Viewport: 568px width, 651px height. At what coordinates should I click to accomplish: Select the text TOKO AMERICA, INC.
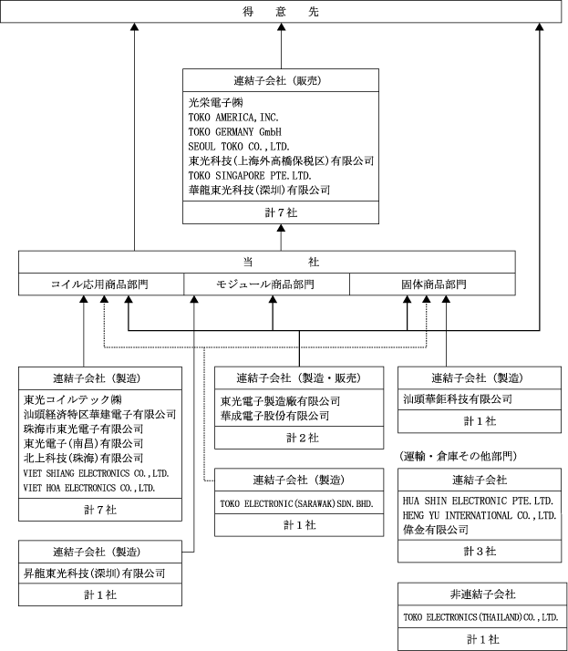pyautogui.click(x=233, y=118)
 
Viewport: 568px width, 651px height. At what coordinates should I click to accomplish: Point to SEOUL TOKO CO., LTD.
pyautogui.click(x=239, y=147)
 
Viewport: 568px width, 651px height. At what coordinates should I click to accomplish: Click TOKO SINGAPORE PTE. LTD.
pyautogui.click(x=249, y=176)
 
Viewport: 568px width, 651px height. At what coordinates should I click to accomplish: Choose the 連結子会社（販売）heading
pyautogui.click(x=280, y=80)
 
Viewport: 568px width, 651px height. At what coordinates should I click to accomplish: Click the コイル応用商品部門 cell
pyautogui.click(x=100, y=284)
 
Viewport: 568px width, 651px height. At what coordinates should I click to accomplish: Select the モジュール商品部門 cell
pyautogui.click(x=266, y=284)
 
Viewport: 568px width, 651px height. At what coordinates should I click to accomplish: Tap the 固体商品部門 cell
pyautogui.click(x=434, y=284)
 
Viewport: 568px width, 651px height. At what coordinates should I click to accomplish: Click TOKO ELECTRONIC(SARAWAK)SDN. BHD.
pyautogui.click(x=297, y=503)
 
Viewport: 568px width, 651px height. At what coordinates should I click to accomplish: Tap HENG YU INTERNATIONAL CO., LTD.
pyautogui.click(x=480, y=515)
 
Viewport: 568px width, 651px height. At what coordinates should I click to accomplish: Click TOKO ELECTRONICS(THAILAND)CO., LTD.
pyautogui.click(x=480, y=617)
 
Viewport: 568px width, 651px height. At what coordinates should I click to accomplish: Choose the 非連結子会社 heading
pyautogui.click(x=480, y=594)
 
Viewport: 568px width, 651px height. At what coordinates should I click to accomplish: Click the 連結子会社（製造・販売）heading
pyautogui.click(x=298, y=378)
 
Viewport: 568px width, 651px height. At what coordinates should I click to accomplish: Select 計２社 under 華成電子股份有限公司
pyautogui.click(x=298, y=438)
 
